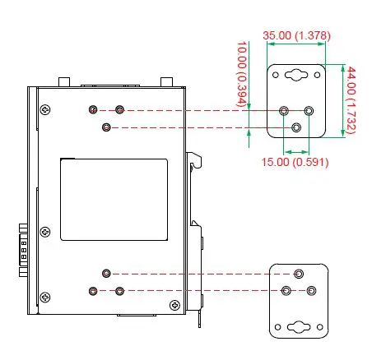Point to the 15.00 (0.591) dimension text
(x=295, y=162)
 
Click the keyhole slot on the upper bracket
(x=295, y=76)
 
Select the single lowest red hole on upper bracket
(x=297, y=127)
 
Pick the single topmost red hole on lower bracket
(x=299, y=274)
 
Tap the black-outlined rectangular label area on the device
(x=114, y=200)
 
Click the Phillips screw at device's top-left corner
(x=44, y=108)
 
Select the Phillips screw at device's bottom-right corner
(x=174, y=305)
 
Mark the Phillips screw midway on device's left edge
(x=45, y=232)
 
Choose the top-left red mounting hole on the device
(x=93, y=109)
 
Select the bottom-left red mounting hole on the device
(x=93, y=291)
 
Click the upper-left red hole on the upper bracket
(x=284, y=110)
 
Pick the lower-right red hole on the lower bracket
(x=312, y=291)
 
